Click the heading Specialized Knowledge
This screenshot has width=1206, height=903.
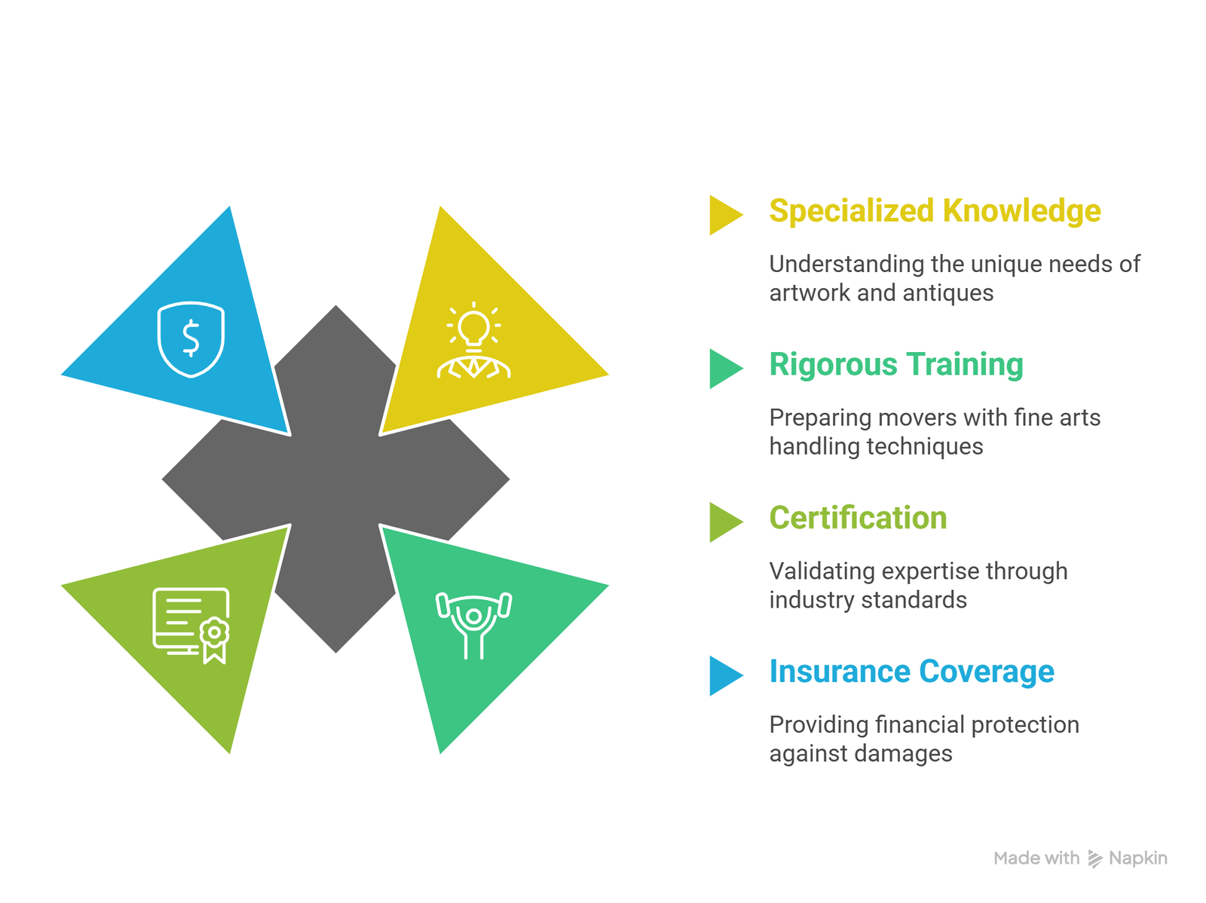point(935,210)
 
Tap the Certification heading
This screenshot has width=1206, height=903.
point(859,517)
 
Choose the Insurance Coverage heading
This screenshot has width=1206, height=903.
point(911,671)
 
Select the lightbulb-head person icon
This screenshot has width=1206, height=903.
point(473,340)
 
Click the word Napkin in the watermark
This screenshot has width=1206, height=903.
point(1138,858)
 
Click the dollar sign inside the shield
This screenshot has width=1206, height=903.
point(191,338)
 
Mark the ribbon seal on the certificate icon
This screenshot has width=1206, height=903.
point(214,640)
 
